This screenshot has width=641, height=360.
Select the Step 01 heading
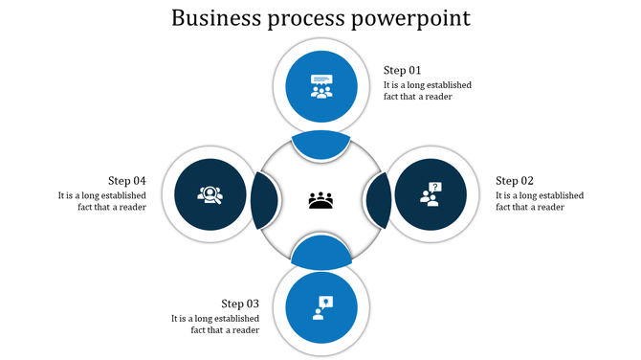(x=403, y=70)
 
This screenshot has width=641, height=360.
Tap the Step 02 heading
(x=514, y=180)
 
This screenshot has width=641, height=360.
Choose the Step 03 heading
(x=240, y=304)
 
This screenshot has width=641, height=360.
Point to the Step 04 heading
(x=126, y=180)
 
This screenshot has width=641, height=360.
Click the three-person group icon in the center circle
(x=320, y=200)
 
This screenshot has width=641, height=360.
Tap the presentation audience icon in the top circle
(x=321, y=86)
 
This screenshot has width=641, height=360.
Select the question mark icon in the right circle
(x=431, y=194)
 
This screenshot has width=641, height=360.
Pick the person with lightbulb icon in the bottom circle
(x=321, y=307)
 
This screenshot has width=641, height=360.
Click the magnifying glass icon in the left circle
(x=210, y=194)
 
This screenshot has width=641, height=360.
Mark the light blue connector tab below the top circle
(x=321, y=145)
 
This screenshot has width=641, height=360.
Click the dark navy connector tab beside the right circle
(x=377, y=199)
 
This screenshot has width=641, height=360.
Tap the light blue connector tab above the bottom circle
(x=321, y=252)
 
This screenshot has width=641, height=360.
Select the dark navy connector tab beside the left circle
(x=264, y=199)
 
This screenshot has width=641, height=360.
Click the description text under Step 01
(x=428, y=91)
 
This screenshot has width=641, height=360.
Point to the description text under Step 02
(x=539, y=201)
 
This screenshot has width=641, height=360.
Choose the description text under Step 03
(x=215, y=324)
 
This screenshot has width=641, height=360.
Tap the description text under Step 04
(x=101, y=201)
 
